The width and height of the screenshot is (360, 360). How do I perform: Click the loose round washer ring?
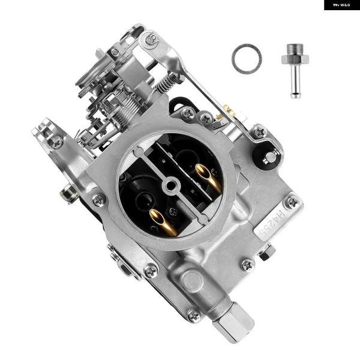coord(246,59)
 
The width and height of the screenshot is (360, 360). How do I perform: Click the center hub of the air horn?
coord(170,184)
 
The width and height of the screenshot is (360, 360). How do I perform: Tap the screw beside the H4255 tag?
coord(292,202)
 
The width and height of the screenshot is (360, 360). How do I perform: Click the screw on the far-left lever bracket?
coord(56,142)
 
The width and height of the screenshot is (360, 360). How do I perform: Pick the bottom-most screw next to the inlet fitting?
coord(193,314)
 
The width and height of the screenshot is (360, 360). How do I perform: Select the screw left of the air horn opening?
coord(100,199)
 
